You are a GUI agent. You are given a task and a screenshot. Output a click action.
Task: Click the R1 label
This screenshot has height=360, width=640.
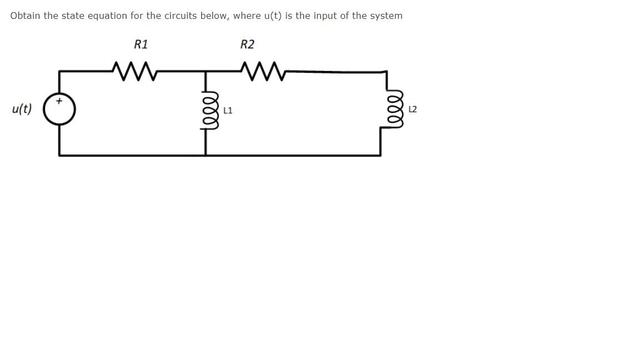click(141, 44)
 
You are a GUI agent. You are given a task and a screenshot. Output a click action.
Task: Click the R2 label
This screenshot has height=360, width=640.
click(247, 44)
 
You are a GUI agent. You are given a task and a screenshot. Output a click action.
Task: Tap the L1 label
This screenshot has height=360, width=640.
click(228, 111)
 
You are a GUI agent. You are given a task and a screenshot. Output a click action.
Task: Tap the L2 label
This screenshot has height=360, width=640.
click(412, 109)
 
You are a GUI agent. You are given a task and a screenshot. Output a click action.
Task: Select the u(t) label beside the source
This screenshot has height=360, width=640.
click(22, 109)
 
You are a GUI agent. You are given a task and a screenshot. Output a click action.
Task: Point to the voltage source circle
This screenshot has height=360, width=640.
click(59, 109)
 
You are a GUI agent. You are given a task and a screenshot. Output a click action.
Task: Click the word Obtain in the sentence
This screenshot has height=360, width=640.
click(25, 16)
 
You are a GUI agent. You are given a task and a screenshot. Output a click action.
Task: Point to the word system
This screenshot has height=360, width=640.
click(386, 16)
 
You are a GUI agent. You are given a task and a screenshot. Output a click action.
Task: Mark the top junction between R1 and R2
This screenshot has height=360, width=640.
click(206, 71)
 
